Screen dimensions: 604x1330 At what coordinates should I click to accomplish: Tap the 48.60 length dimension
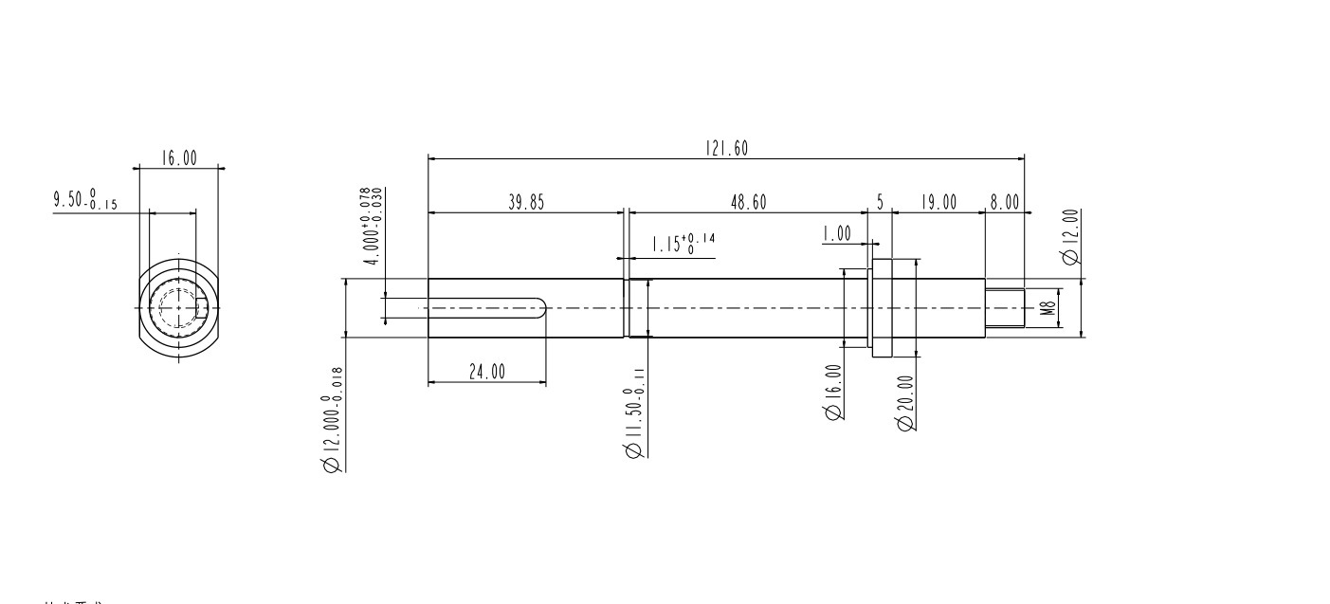749,202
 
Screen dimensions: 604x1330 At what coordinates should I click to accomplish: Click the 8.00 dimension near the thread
1004,202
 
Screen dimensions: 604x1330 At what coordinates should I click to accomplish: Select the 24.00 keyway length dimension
487,372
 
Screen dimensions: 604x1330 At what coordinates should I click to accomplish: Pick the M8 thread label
1048,308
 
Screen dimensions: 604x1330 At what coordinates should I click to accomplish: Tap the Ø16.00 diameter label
833,392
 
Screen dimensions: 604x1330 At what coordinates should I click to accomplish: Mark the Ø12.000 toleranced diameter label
333,422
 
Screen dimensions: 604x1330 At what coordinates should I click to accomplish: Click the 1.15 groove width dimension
682,244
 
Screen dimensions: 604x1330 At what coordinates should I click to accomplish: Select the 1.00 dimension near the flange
837,234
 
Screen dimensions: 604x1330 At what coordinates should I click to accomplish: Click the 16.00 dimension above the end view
178,158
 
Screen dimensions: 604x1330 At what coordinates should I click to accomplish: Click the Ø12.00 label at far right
1071,237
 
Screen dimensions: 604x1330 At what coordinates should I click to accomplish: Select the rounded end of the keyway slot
542,308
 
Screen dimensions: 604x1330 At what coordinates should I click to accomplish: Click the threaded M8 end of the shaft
1005,308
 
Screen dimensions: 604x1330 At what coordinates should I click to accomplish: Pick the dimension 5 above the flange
880,202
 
